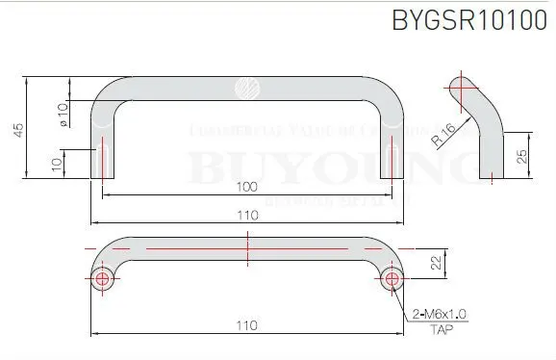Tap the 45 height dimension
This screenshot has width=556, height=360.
pyautogui.click(x=18, y=129)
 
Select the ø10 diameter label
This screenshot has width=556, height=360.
pyautogui.click(x=63, y=114)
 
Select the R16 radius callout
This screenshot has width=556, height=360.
pyautogui.click(x=445, y=136)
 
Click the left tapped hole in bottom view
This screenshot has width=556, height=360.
pyautogui.click(x=104, y=279)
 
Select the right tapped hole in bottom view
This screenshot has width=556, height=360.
pyautogui.click(x=391, y=279)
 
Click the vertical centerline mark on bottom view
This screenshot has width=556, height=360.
pyautogui.click(x=247, y=252)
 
